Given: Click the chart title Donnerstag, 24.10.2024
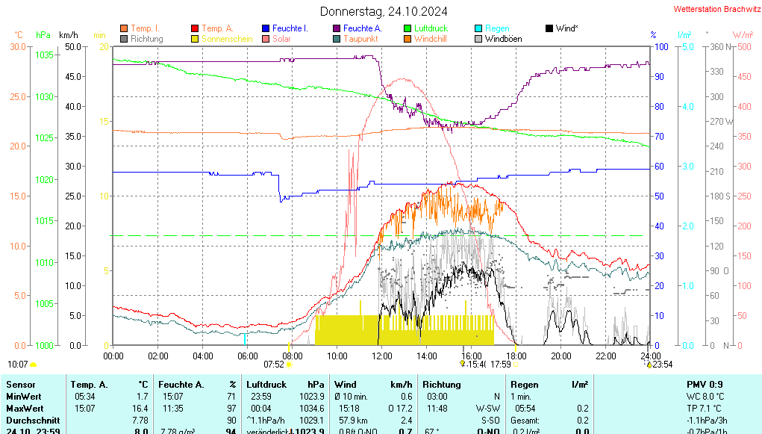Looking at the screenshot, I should [x=384, y=11].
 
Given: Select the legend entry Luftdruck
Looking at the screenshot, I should [x=431, y=28].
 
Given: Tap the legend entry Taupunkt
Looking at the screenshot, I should [x=360, y=39].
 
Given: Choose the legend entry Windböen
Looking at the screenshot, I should [x=503, y=39].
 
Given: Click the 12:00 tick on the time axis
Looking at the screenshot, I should [x=382, y=356].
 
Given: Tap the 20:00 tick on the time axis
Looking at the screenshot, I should [x=561, y=356].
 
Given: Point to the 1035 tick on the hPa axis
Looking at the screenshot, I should [x=44, y=55].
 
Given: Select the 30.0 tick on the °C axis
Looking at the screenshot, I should [x=17, y=46].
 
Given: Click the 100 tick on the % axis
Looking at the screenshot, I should [x=660, y=46].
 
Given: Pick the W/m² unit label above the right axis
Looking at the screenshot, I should [x=743, y=34].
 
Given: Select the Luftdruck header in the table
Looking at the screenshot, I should [x=266, y=384].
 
